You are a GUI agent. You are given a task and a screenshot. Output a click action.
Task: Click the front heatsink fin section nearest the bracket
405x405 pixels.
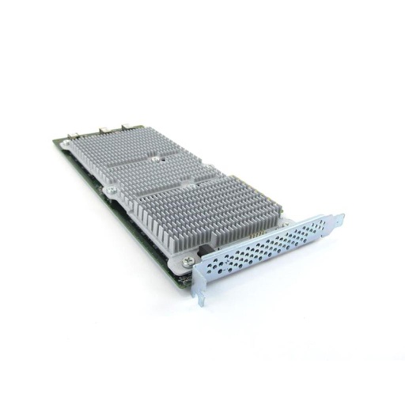tap(198, 206)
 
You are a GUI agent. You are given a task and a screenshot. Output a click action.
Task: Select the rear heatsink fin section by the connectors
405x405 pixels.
tap(127, 146)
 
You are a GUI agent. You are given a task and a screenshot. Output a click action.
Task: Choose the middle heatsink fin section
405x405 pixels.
tap(166, 170)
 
